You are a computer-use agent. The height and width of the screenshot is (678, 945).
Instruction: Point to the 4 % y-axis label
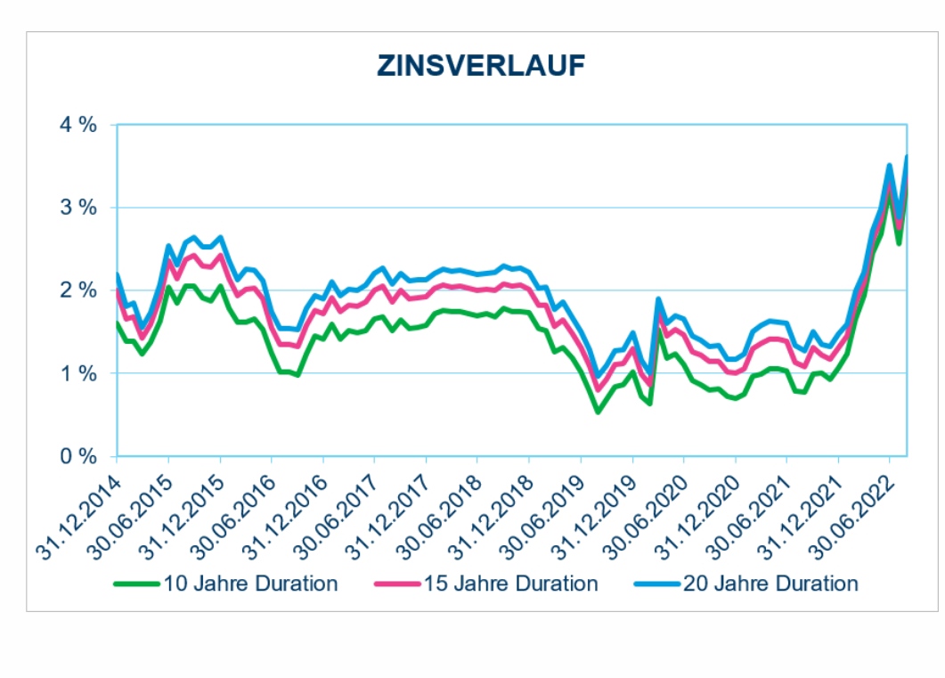point(77,125)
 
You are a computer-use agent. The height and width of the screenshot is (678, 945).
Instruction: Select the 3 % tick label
point(77,208)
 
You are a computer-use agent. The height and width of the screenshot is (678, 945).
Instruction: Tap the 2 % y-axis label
point(77,290)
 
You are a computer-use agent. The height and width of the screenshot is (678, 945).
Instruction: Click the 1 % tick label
point(77,373)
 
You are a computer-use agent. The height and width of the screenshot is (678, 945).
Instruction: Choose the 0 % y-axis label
point(77,456)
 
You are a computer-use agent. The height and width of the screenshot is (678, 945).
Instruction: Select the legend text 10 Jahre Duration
point(249,584)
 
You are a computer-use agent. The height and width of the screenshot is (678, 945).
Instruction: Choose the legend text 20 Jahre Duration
point(770,584)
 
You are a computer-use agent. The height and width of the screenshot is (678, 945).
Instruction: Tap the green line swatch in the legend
point(136,585)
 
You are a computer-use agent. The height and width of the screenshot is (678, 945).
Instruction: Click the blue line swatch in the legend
point(657,585)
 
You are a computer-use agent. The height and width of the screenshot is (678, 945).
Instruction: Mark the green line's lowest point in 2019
point(598,412)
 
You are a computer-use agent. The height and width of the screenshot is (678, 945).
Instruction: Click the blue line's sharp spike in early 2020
point(658,299)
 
